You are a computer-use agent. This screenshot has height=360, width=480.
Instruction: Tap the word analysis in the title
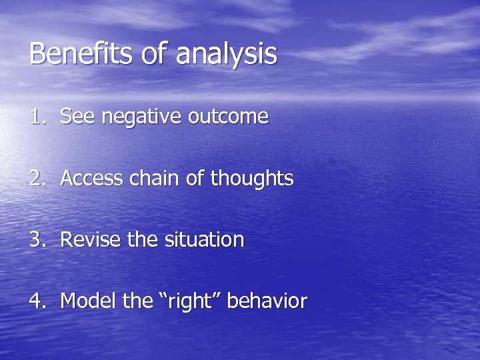227,55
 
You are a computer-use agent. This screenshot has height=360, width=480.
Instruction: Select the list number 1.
36,117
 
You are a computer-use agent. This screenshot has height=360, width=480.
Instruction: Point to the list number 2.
36,179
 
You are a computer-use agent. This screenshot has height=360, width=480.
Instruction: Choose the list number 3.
36,240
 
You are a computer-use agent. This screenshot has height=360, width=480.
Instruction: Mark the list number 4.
36,301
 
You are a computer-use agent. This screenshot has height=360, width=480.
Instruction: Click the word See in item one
75,117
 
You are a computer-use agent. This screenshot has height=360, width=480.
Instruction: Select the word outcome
228,117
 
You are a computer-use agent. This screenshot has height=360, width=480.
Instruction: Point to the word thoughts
252,179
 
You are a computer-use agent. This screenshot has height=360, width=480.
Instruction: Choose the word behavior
267,301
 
